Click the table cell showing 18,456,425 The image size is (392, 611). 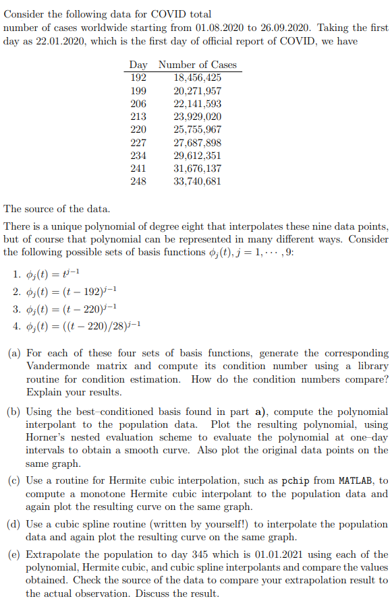tap(197, 78)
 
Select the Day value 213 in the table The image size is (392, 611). tap(138, 117)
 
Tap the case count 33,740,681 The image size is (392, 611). tap(197, 181)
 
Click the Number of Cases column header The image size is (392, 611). tap(197, 65)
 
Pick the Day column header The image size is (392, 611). tap(138, 65)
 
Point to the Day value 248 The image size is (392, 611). tap(138, 181)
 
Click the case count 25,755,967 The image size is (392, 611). tap(197, 129)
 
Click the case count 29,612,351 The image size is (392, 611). tap(197, 156)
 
